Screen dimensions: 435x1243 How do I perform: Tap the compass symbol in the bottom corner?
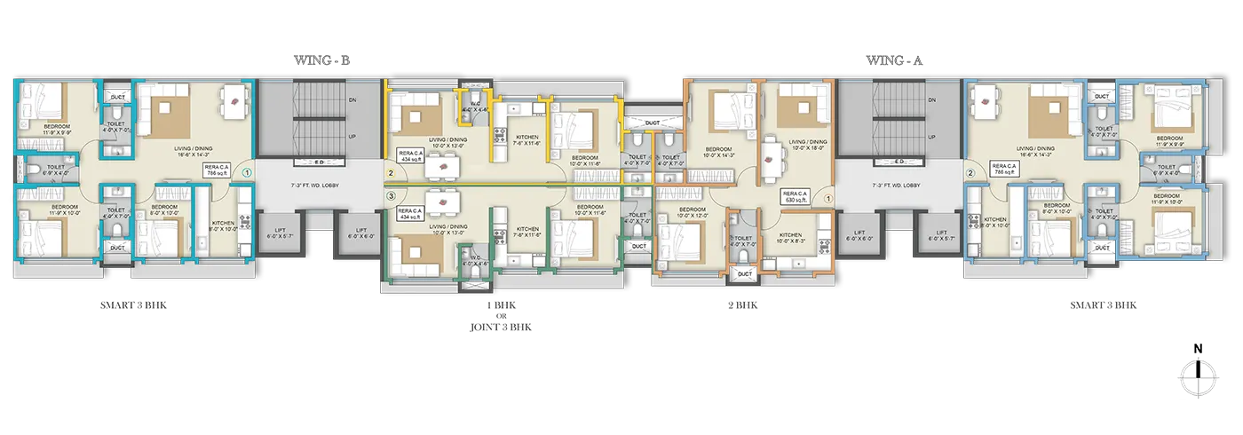point(1198,374)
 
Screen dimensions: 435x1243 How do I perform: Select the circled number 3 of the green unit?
point(389,194)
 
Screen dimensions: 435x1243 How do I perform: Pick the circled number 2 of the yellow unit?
point(389,174)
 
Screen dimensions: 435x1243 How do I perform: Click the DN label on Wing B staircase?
point(352,100)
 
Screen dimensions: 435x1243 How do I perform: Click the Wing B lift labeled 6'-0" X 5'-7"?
point(280,233)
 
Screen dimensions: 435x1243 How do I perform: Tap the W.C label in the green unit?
point(471,259)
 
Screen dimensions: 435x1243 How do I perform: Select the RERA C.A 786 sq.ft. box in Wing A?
point(1003,169)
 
